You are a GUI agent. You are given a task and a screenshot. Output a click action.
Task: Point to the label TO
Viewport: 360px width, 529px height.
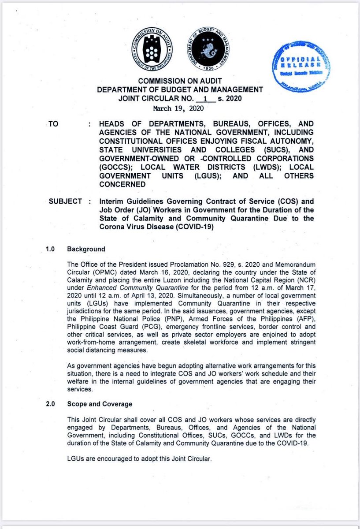[53, 124]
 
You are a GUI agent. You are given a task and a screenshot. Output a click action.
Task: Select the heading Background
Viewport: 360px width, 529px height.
[86, 249]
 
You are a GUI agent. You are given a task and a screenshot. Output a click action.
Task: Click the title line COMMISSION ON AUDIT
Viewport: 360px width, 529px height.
[180, 82]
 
